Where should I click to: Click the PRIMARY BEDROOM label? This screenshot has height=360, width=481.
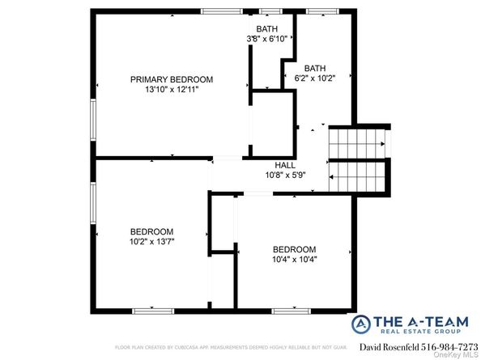point(172,79)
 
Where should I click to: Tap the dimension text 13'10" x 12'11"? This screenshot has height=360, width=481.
point(172,90)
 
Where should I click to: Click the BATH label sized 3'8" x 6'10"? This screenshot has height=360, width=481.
point(268,28)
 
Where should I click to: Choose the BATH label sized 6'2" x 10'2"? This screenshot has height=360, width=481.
point(315,68)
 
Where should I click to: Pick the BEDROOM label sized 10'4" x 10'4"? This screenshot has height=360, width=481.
point(294,248)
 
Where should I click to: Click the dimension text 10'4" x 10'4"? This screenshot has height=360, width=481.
point(294,259)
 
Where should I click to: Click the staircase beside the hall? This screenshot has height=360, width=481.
point(358,159)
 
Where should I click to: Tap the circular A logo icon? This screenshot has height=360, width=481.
point(364,325)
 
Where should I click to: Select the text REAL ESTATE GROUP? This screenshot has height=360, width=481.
point(424,333)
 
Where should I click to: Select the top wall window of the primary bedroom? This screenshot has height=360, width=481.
point(223,11)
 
